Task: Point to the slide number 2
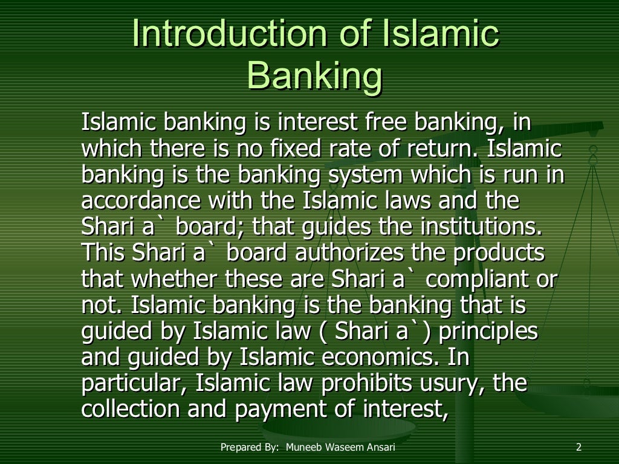tap(578, 448)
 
